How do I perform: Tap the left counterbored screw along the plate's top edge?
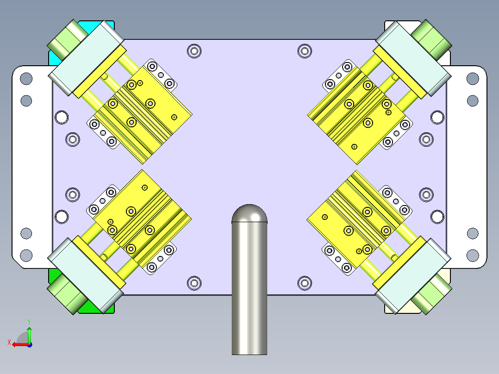click(194, 50)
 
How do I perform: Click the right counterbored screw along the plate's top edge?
click(304, 50)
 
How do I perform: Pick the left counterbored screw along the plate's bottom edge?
click(194, 283)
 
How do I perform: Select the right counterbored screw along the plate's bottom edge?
click(304, 283)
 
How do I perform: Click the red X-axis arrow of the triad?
click(19, 344)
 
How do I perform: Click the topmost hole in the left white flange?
click(26, 79)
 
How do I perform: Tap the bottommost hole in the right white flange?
click(472, 254)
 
